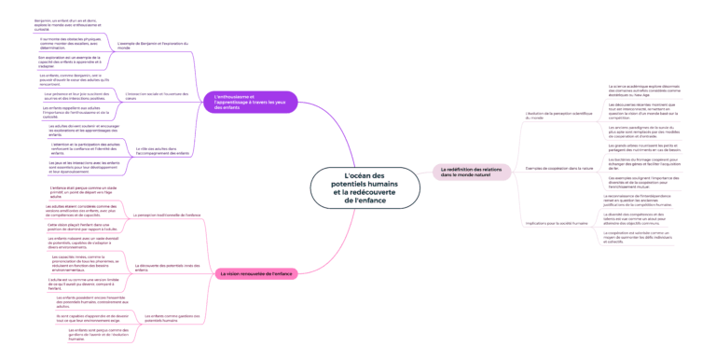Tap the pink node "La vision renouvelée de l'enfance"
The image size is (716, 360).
pyautogui.click(x=256, y=273)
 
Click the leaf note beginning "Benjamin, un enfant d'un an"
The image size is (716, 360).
pyautogui.click(x=53, y=23)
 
